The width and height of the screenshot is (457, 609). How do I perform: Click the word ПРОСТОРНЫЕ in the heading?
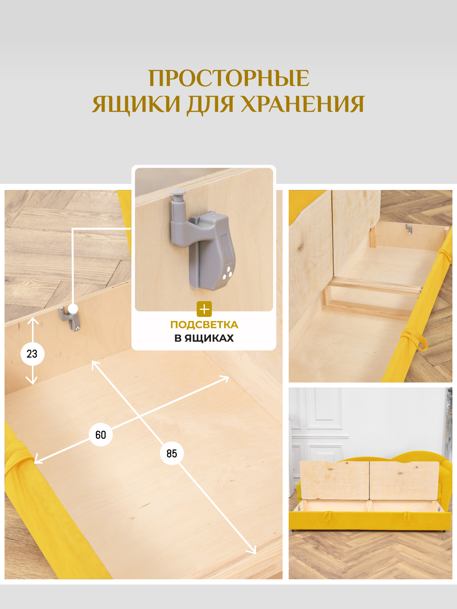pyautogui.click(x=228, y=78)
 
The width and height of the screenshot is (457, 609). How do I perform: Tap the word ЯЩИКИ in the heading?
pyautogui.click(x=136, y=104)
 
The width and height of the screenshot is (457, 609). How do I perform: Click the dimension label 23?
pyautogui.click(x=32, y=354)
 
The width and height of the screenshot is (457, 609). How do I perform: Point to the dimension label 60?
pyautogui.click(x=101, y=435)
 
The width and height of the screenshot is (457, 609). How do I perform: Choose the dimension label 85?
pyautogui.click(x=171, y=453)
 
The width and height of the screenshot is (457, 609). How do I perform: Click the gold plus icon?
pyautogui.click(x=204, y=309)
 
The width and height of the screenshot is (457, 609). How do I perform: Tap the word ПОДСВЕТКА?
pyautogui.click(x=204, y=325)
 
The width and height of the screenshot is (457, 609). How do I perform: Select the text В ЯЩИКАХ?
pyautogui.click(x=204, y=338)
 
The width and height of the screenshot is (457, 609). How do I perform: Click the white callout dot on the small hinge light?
pyautogui.click(x=73, y=309)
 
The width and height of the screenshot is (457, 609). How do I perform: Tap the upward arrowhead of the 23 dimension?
pyautogui.click(x=33, y=320)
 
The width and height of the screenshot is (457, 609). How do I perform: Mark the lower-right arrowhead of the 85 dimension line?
pyautogui.click(x=252, y=552)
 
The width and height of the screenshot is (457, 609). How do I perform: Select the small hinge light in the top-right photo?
pyautogui.click(x=409, y=229)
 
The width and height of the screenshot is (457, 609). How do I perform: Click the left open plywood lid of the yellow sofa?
pyautogui.click(x=334, y=480)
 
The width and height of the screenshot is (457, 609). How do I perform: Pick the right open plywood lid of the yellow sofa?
pyautogui.click(x=404, y=480)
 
